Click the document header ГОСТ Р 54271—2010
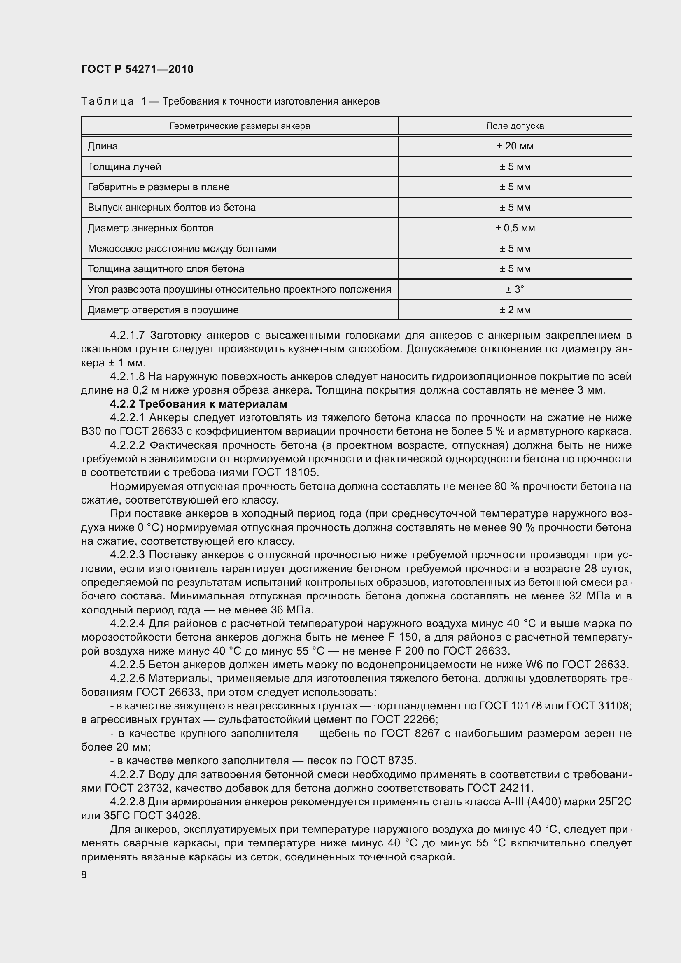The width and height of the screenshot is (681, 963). [x=137, y=69]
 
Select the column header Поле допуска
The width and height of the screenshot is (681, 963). [x=515, y=126]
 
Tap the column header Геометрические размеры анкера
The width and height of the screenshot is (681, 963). [x=240, y=126]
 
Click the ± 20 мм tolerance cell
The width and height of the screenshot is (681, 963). [x=515, y=147]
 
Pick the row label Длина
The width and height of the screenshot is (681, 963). [x=103, y=147]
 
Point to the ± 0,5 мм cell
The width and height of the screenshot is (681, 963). [x=515, y=228]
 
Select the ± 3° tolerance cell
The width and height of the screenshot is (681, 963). [x=515, y=289]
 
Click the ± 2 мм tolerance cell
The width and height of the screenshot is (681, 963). [x=515, y=310]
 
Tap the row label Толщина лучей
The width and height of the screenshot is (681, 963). [x=124, y=167]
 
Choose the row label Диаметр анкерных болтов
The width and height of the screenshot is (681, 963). [x=151, y=228]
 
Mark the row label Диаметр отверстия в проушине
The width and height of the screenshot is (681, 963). [x=163, y=310]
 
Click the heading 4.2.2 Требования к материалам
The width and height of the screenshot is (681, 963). [x=198, y=404]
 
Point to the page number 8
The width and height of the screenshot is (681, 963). [x=84, y=874]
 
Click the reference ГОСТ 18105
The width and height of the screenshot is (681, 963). [x=285, y=472]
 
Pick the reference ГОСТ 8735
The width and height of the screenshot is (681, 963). [x=385, y=760]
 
